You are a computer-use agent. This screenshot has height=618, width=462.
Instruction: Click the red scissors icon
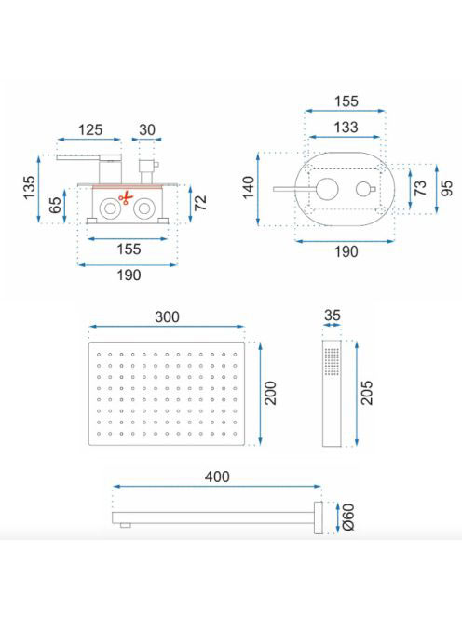coord(126,197)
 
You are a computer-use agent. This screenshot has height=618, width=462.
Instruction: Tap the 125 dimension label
coord(90,129)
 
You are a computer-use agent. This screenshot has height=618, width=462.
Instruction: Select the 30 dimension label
coord(147,129)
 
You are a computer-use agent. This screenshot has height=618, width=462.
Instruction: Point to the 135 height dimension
coord(29,188)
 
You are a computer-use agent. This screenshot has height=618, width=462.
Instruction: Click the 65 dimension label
coord(55,205)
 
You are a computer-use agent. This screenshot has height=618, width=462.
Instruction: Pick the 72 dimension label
coord(201,203)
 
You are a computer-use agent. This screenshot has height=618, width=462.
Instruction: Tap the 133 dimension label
coord(346,128)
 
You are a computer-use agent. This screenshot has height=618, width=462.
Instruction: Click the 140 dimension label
coord(249,188)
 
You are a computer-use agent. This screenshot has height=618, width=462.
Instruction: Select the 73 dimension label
coord(421,188)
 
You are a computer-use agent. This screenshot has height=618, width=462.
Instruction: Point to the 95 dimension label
coord(447,188)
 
